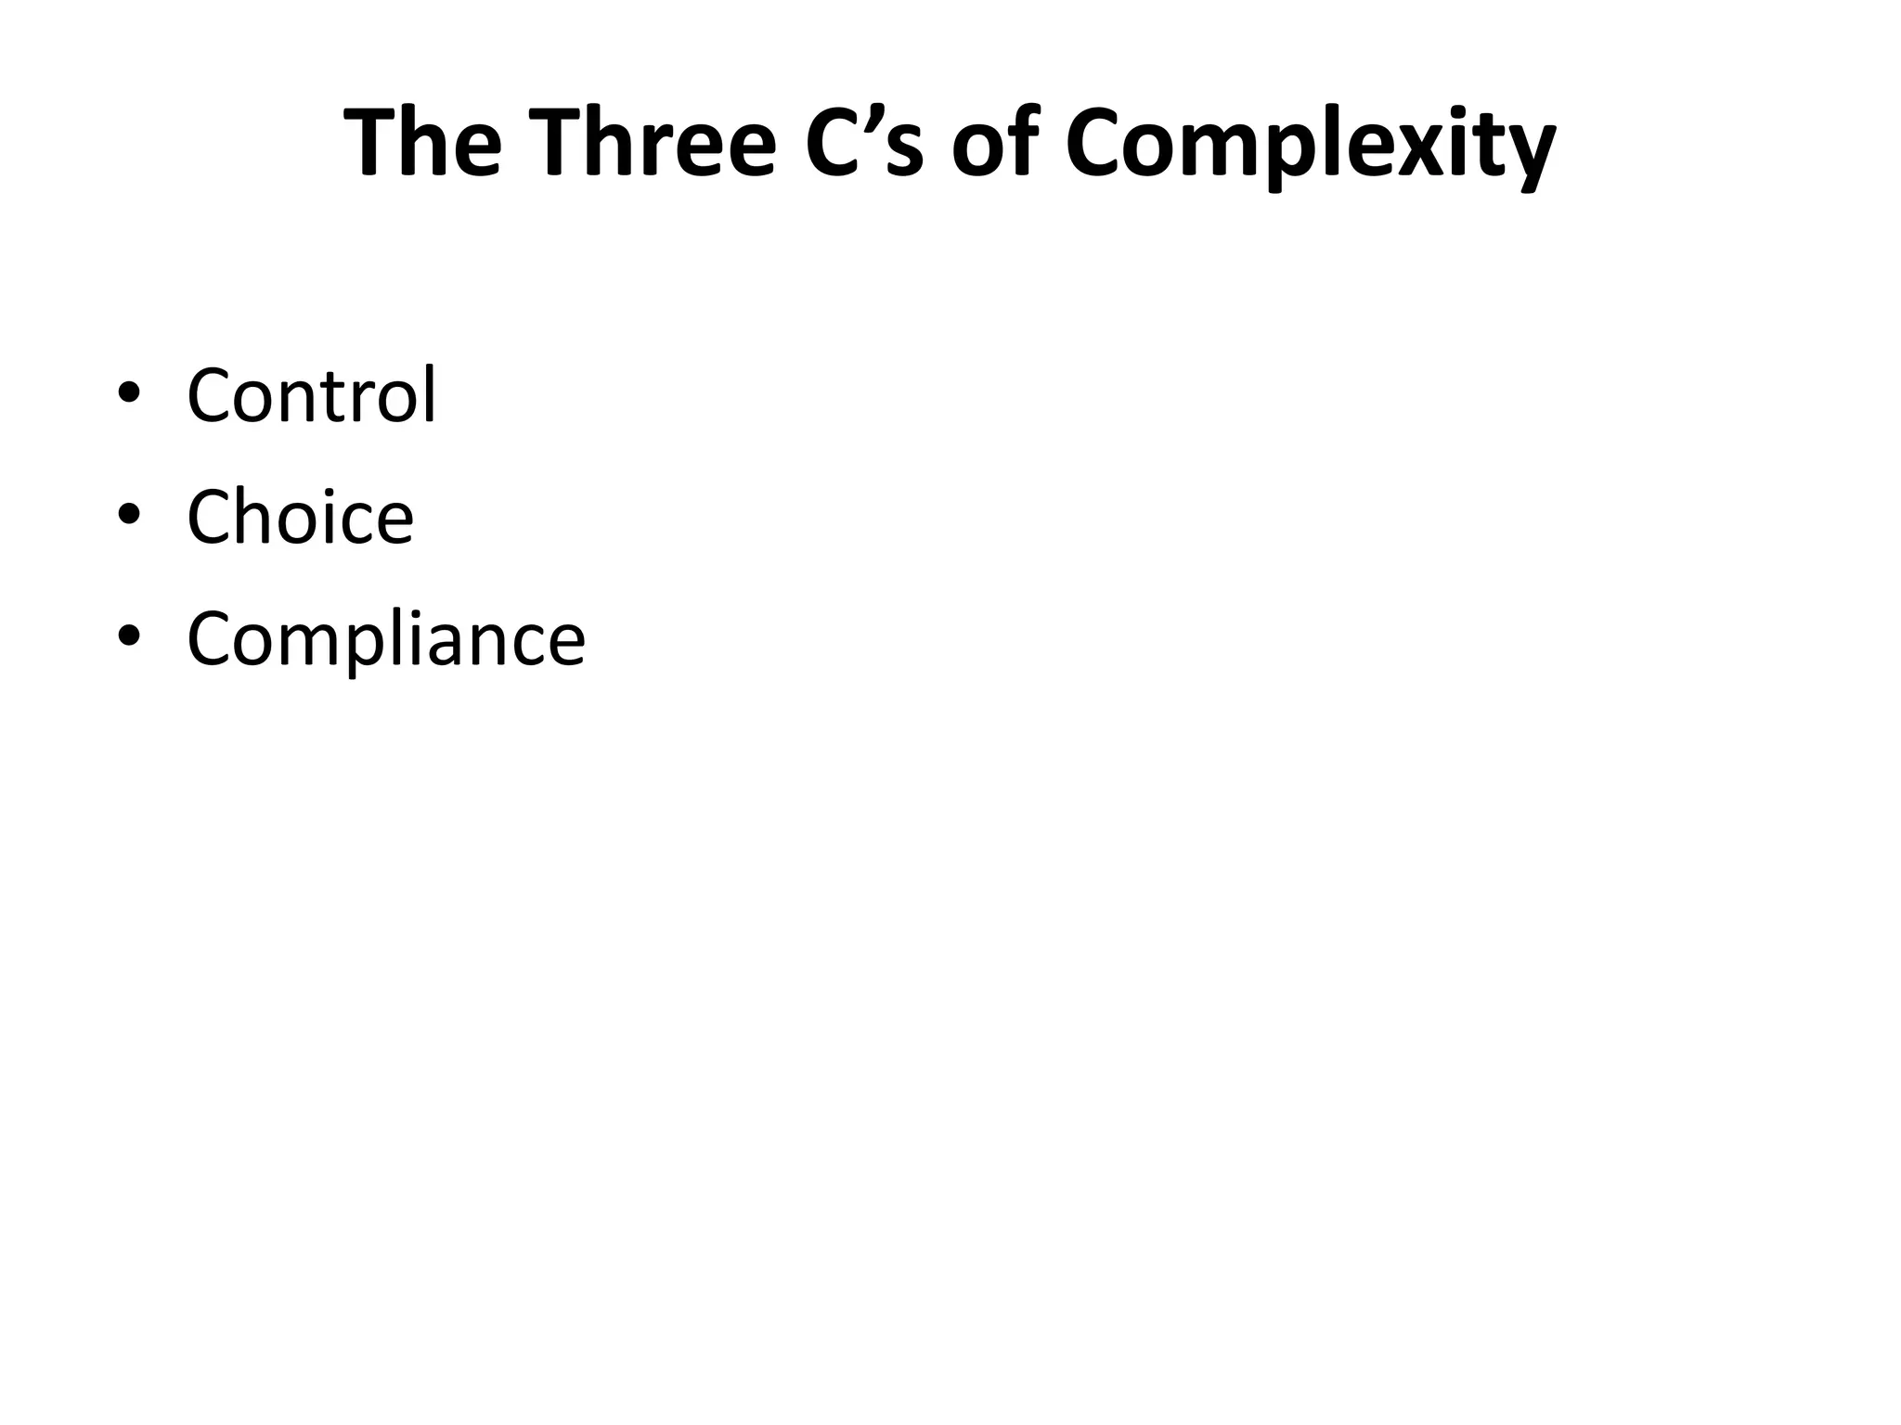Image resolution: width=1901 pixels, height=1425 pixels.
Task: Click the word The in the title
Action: click(x=422, y=144)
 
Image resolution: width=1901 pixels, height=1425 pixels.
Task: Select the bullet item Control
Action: click(x=311, y=395)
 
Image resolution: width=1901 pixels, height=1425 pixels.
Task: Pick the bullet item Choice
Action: click(x=300, y=517)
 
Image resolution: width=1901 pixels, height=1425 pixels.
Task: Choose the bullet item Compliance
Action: click(x=386, y=639)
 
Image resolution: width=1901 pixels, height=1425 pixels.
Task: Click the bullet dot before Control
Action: click(x=129, y=394)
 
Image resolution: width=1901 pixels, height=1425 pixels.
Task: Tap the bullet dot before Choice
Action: click(x=129, y=516)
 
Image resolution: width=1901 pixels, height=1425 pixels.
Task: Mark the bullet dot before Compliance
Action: click(x=129, y=637)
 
